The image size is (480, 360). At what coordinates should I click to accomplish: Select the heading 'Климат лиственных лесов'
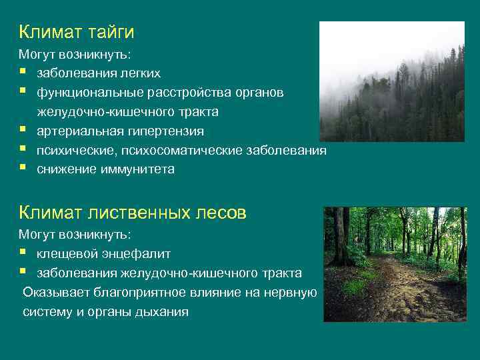click(x=133, y=213)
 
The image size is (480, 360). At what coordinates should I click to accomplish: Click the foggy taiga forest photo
click(x=391, y=81)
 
